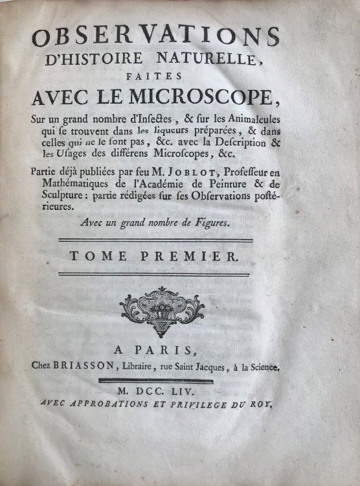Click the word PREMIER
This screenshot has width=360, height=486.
click(x=203, y=257)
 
